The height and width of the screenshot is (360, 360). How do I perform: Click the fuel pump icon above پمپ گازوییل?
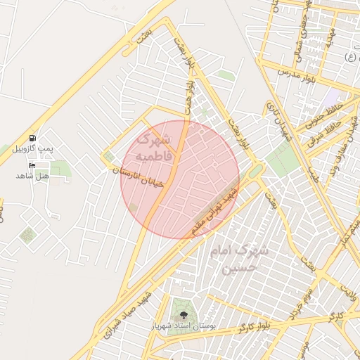(32, 137)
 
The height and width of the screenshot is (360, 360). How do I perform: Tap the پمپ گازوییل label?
(35, 149)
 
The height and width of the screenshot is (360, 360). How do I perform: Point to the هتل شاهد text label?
(32, 175)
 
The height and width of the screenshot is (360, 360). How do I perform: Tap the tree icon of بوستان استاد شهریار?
(184, 315)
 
